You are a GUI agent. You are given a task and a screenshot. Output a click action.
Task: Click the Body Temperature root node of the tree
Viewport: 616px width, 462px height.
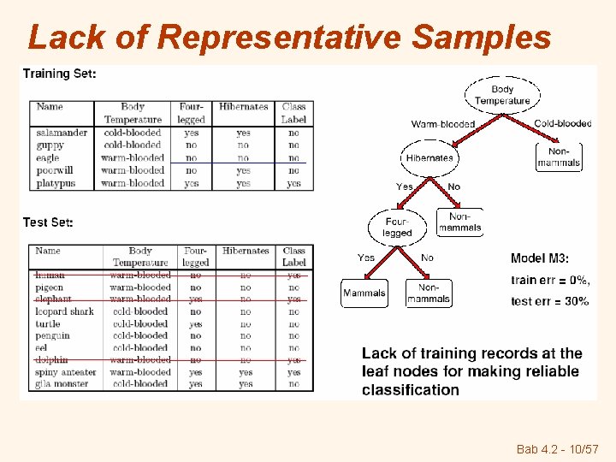point(502,95)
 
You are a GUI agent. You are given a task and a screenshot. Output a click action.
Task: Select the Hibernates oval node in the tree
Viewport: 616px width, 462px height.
point(429,157)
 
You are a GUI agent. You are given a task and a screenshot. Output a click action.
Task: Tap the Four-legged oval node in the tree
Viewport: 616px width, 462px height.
point(397,228)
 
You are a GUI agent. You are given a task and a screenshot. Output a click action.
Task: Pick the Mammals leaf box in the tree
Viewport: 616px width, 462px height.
point(364,293)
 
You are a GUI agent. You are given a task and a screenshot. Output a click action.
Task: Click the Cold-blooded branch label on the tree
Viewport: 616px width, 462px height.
point(562,124)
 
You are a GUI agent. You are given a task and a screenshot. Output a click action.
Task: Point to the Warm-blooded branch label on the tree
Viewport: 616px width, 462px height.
point(442,124)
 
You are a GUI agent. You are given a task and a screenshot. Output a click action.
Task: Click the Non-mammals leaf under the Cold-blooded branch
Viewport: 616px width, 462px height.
point(559,157)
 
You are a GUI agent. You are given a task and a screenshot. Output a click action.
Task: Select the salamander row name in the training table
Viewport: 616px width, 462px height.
point(62,133)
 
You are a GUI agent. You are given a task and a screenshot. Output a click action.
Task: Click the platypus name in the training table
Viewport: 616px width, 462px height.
point(56,183)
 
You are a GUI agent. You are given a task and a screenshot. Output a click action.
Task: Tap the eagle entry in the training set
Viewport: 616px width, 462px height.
point(48,158)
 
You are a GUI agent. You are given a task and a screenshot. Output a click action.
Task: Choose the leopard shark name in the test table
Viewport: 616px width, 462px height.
point(64,311)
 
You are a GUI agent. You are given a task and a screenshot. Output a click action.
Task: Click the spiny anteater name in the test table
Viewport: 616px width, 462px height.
point(67,372)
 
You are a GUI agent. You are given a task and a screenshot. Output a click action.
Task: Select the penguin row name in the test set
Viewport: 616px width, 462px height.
point(52,336)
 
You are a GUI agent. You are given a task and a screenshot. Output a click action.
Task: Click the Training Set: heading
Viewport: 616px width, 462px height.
point(59,74)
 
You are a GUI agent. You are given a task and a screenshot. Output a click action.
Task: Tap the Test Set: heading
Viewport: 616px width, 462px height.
point(48,222)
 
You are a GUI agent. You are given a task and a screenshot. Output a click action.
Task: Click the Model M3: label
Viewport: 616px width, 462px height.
point(540,258)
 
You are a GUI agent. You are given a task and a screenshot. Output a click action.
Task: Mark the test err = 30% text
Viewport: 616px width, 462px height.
point(549,301)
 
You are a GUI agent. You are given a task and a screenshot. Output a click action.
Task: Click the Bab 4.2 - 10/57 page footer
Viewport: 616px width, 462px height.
point(556,449)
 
